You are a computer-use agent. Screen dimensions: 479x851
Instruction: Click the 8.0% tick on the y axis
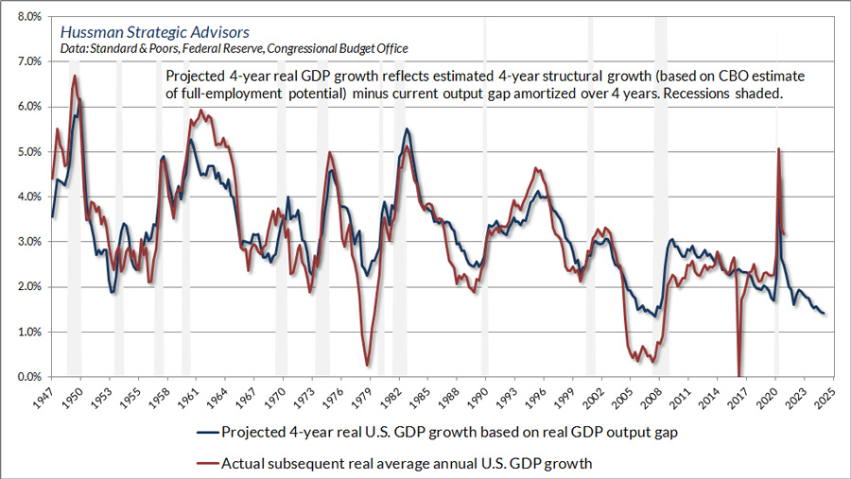pos(26,17)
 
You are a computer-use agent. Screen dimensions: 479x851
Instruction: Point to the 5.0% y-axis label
pos(26,152)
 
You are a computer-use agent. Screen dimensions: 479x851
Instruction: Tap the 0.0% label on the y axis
pos(26,378)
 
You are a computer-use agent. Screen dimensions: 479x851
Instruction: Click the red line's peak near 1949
pos(75,76)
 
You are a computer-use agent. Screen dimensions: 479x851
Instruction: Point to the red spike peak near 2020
pos(778,148)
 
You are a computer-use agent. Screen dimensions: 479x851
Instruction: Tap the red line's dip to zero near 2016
pos(738,375)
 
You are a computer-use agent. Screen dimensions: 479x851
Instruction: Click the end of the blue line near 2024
pos(824,314)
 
